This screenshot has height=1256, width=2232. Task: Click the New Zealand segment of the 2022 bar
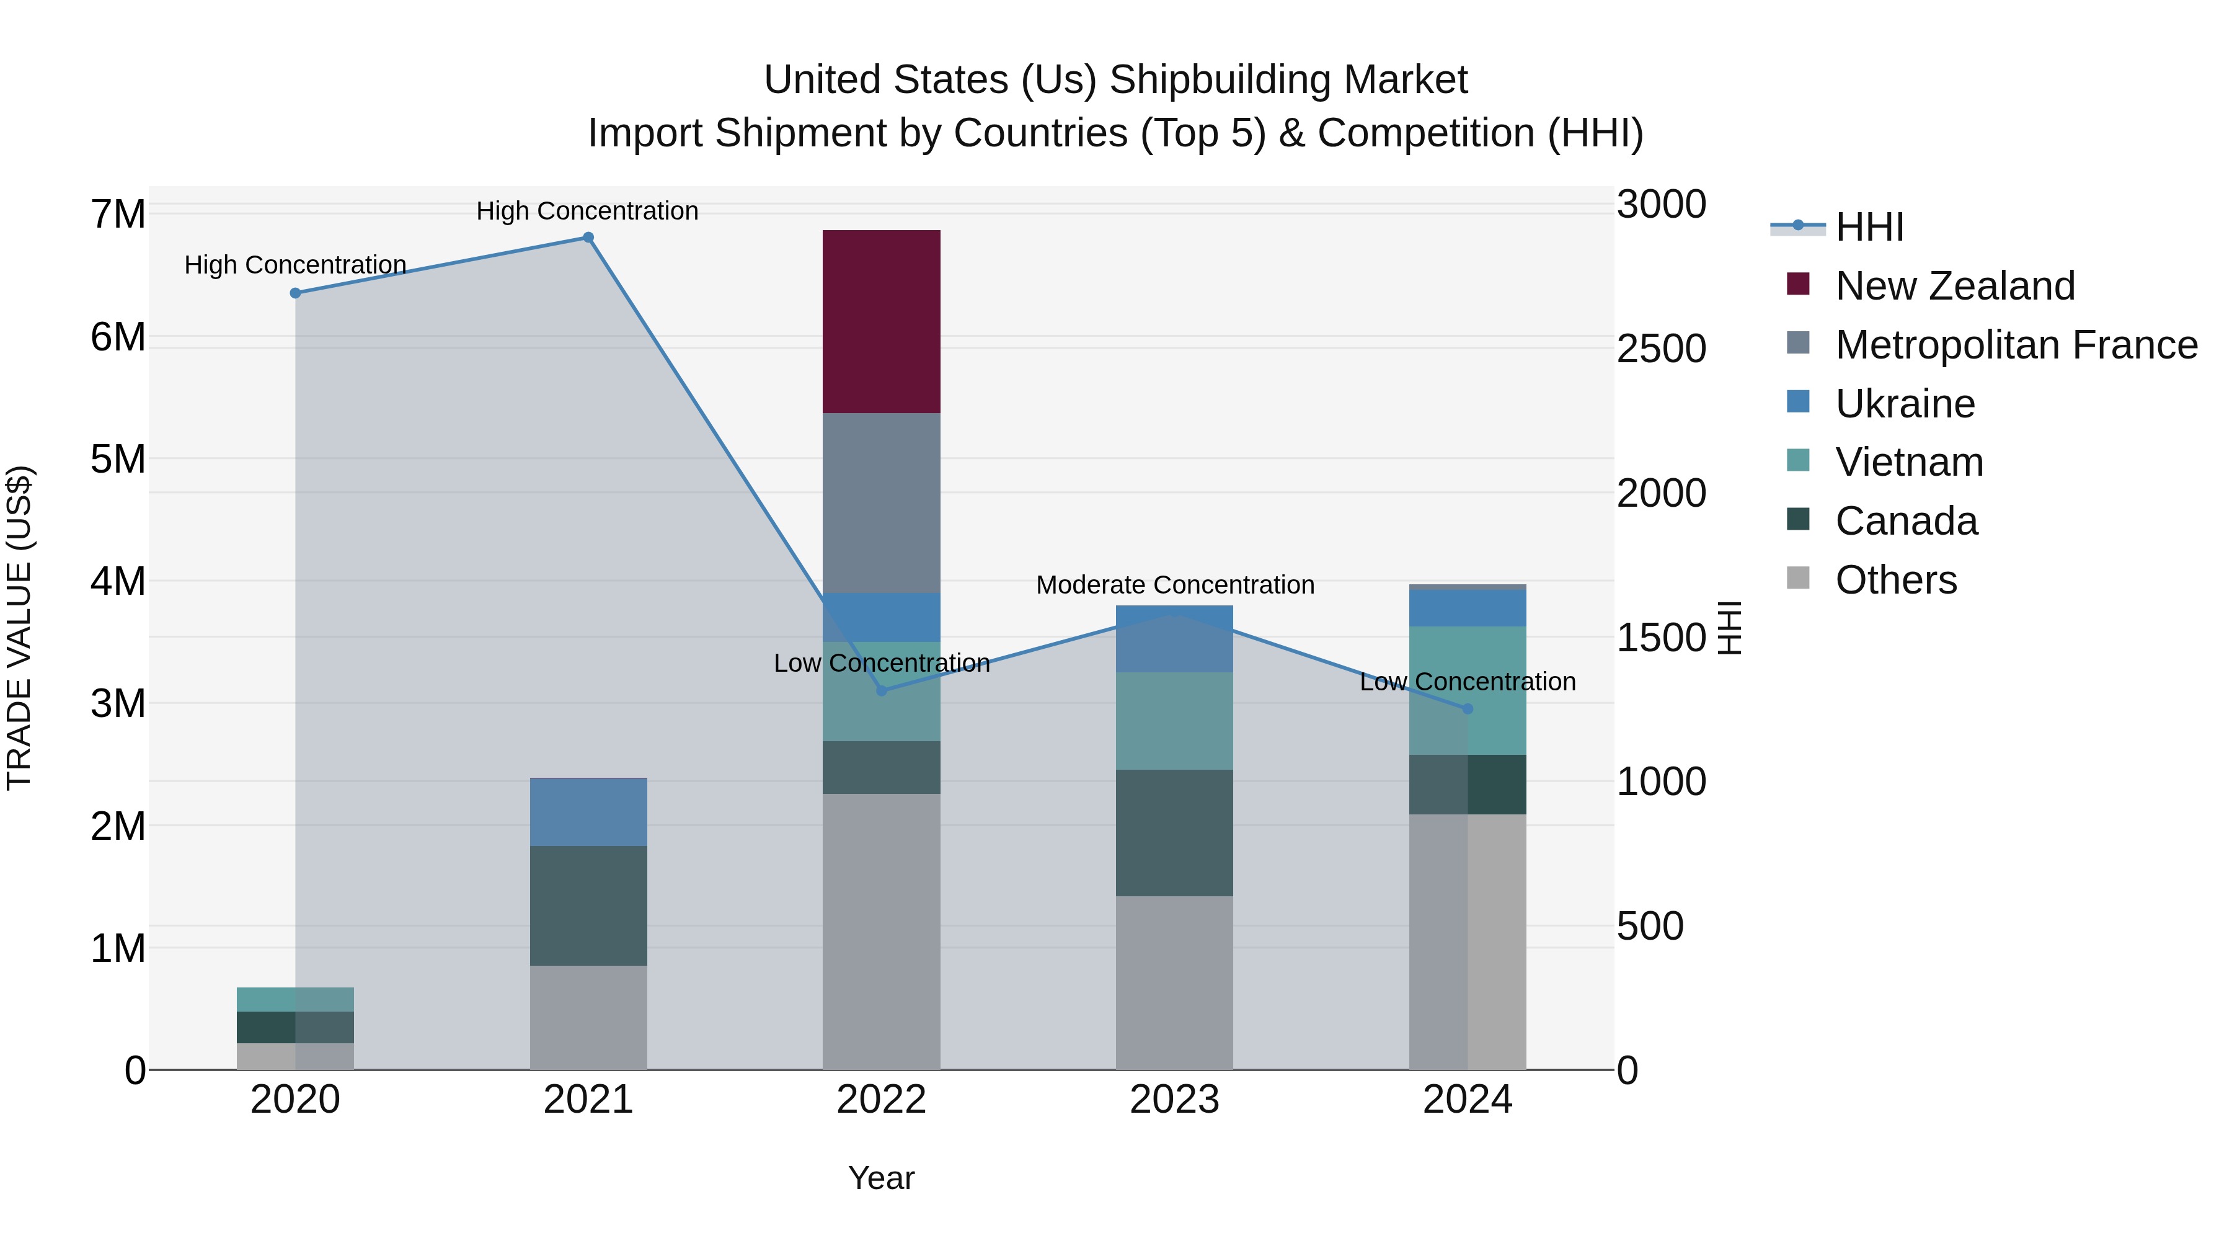point(881,321)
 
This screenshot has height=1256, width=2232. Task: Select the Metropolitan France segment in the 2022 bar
point(881,503)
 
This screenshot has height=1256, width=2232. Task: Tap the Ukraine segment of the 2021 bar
point(588,812)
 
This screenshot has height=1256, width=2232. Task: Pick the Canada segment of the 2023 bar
point(1174,832)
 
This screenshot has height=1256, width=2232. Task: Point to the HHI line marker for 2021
point(588,238)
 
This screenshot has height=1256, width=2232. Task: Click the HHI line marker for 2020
point(296,293)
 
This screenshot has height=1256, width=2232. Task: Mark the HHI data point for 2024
point(1468,709)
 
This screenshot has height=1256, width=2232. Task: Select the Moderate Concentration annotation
point(1175,585)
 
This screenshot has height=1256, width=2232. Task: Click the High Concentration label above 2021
point(588,211)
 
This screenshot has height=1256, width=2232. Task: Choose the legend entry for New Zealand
point(1955,286)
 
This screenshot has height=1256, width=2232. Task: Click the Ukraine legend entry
point(1905,404)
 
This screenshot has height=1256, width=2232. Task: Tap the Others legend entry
point(1896,580)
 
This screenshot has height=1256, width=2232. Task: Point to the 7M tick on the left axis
point(118,214)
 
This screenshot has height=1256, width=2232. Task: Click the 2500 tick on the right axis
point(1661,349)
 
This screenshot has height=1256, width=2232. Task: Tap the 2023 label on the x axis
point(1174,1100)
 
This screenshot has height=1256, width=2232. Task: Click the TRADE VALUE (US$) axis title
point(20,628)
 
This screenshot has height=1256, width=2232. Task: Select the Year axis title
point(881,1178)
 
